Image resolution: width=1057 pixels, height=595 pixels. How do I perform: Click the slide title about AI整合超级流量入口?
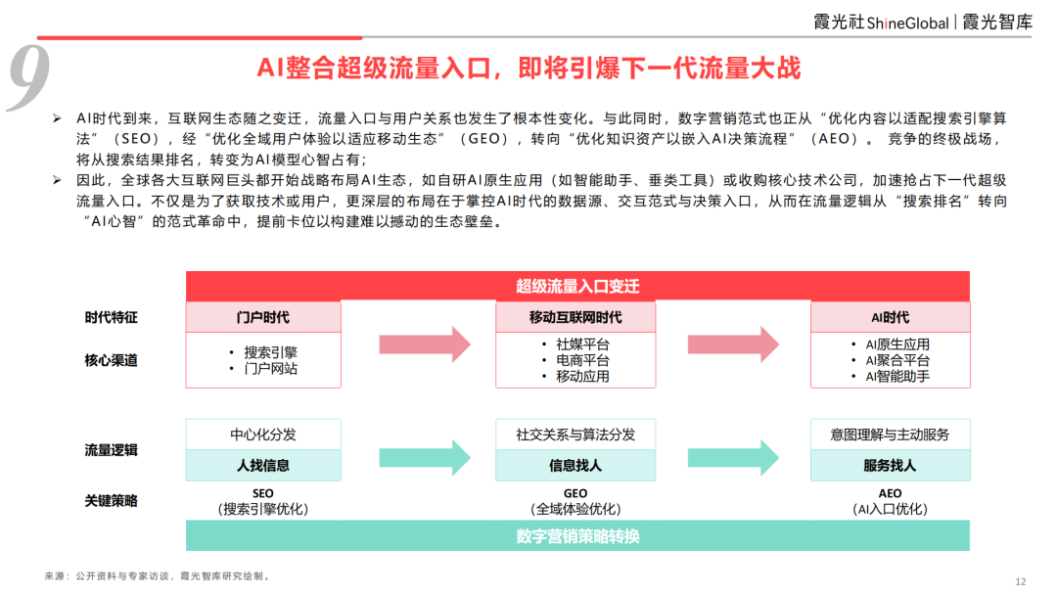(528, 68)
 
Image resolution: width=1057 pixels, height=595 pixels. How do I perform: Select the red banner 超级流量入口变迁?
(577, 286)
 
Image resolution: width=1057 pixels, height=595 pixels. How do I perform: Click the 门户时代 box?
(263, 318)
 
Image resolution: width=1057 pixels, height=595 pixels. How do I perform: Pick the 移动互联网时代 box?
(575, 318)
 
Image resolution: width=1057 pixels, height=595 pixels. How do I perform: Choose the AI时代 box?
(890, 318)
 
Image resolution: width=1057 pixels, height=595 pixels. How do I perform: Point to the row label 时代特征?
(111, 318)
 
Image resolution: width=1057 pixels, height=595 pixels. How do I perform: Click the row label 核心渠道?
(111, 360)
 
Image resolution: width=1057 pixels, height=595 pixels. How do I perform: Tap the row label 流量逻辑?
(111, 450)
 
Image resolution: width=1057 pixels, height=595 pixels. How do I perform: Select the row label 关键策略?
(111, 501)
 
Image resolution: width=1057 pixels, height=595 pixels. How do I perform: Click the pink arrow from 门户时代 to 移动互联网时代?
(419, 344)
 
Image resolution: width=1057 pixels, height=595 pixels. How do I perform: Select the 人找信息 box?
(263, 466)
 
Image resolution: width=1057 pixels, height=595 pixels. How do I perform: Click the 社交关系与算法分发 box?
(575, 435)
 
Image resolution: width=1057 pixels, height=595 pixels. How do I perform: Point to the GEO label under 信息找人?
(575, 493)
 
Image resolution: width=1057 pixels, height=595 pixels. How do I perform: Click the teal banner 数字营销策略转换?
(577, 536)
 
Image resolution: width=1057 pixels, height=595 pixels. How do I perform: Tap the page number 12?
(1021, 581)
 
